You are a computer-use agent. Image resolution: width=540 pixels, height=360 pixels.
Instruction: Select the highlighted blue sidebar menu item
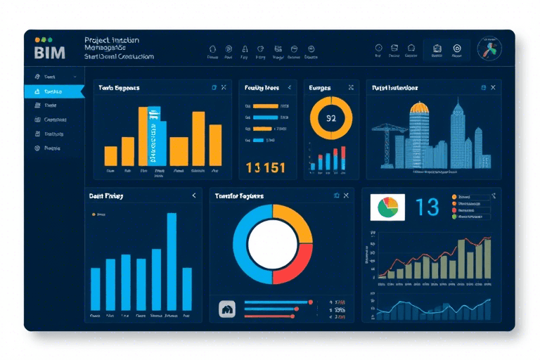(x=53, y=91)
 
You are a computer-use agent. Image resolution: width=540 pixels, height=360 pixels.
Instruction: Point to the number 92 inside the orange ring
(x=331, y=118)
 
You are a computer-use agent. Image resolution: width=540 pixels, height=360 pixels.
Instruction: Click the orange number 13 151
(x=266, y=167)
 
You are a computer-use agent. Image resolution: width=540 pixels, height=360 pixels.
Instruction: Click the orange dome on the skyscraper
(x=420, y=108)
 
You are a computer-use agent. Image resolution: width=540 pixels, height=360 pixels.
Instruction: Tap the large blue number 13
(x=427, y=207)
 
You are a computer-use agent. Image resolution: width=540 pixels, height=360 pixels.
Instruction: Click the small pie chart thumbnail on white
(x=388, y=207)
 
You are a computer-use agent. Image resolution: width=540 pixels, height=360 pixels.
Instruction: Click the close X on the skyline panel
(x=493, y=87)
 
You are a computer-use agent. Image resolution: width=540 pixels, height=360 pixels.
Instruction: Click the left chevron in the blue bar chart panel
(x=194, y=196)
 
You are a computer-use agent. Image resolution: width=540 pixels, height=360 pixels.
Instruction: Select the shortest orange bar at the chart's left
(x=110, y=155)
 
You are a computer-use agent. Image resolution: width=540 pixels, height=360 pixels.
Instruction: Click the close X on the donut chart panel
(x=346, y=195)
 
